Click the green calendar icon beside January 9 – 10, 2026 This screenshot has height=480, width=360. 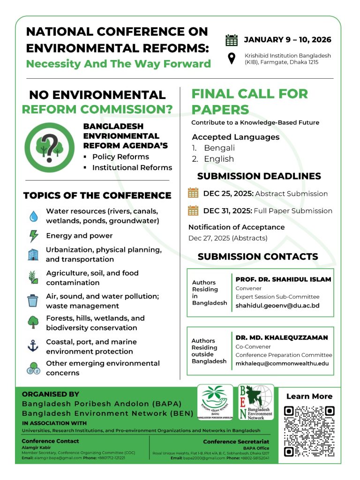[232, 40]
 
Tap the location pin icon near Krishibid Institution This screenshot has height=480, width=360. [232, 59]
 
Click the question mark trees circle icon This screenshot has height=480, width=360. [50, 147]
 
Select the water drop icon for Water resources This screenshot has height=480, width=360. [33, 216]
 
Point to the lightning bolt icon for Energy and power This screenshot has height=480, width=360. [33, 235]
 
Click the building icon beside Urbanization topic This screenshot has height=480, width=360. [33, 255]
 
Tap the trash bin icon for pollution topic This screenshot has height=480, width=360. [33, 300]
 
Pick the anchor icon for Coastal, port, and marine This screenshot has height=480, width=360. [33, 346]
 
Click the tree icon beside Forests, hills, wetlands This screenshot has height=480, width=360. [33, 322]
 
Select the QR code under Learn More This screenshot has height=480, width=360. [309, 431]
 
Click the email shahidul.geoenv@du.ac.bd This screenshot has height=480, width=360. [277, 306]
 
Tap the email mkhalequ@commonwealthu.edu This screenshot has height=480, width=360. [282, 363]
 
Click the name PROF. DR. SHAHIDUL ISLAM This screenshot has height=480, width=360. [283, 279]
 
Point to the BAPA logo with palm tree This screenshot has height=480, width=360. [215, 402]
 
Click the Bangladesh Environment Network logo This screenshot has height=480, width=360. [256, 402]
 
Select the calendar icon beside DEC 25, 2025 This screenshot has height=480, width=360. [193, 193]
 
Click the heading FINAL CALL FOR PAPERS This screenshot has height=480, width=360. [249, 102]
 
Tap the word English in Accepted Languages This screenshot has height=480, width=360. [218, 159]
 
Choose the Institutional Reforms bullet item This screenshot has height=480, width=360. [132, 167]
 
